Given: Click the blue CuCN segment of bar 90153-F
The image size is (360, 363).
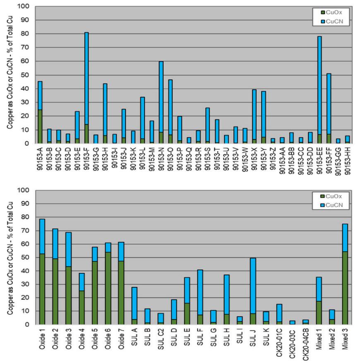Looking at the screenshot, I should pos(86,78).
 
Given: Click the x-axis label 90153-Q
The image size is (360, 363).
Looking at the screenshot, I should pos(189,159).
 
